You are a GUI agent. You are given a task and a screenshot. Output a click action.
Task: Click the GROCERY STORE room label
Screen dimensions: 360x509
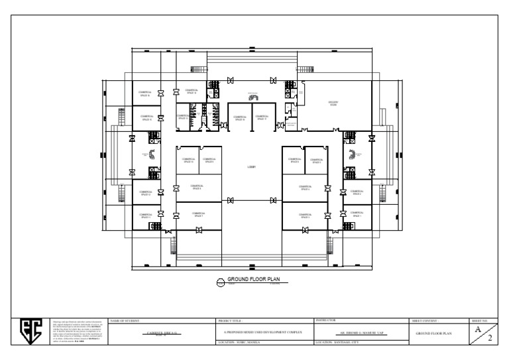click(x=333, y=103)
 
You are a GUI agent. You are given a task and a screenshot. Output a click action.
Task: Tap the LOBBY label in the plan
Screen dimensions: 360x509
click(x=251, y=166)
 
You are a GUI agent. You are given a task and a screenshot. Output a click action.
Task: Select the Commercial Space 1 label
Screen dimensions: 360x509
click(x=357, y=215)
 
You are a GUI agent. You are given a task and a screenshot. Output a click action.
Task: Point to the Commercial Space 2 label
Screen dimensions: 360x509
click(x=357, y=194)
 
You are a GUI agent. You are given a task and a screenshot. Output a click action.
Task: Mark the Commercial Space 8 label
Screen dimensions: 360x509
click(x=196, y=187)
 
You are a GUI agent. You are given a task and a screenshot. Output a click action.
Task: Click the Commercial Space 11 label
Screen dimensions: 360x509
click(x=145, y=215)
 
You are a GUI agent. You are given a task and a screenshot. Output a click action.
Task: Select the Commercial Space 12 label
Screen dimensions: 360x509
click(x=145, y=194)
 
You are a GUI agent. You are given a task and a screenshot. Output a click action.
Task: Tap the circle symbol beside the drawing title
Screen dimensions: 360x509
click(x=221, y=282)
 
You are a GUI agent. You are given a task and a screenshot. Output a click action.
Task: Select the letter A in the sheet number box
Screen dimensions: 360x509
click(x=477, y=328)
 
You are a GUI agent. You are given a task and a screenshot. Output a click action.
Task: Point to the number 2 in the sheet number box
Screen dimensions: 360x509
click(x=489, y=337)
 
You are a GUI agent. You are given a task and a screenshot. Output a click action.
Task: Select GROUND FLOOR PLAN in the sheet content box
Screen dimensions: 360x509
click(x=433, y=332)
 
